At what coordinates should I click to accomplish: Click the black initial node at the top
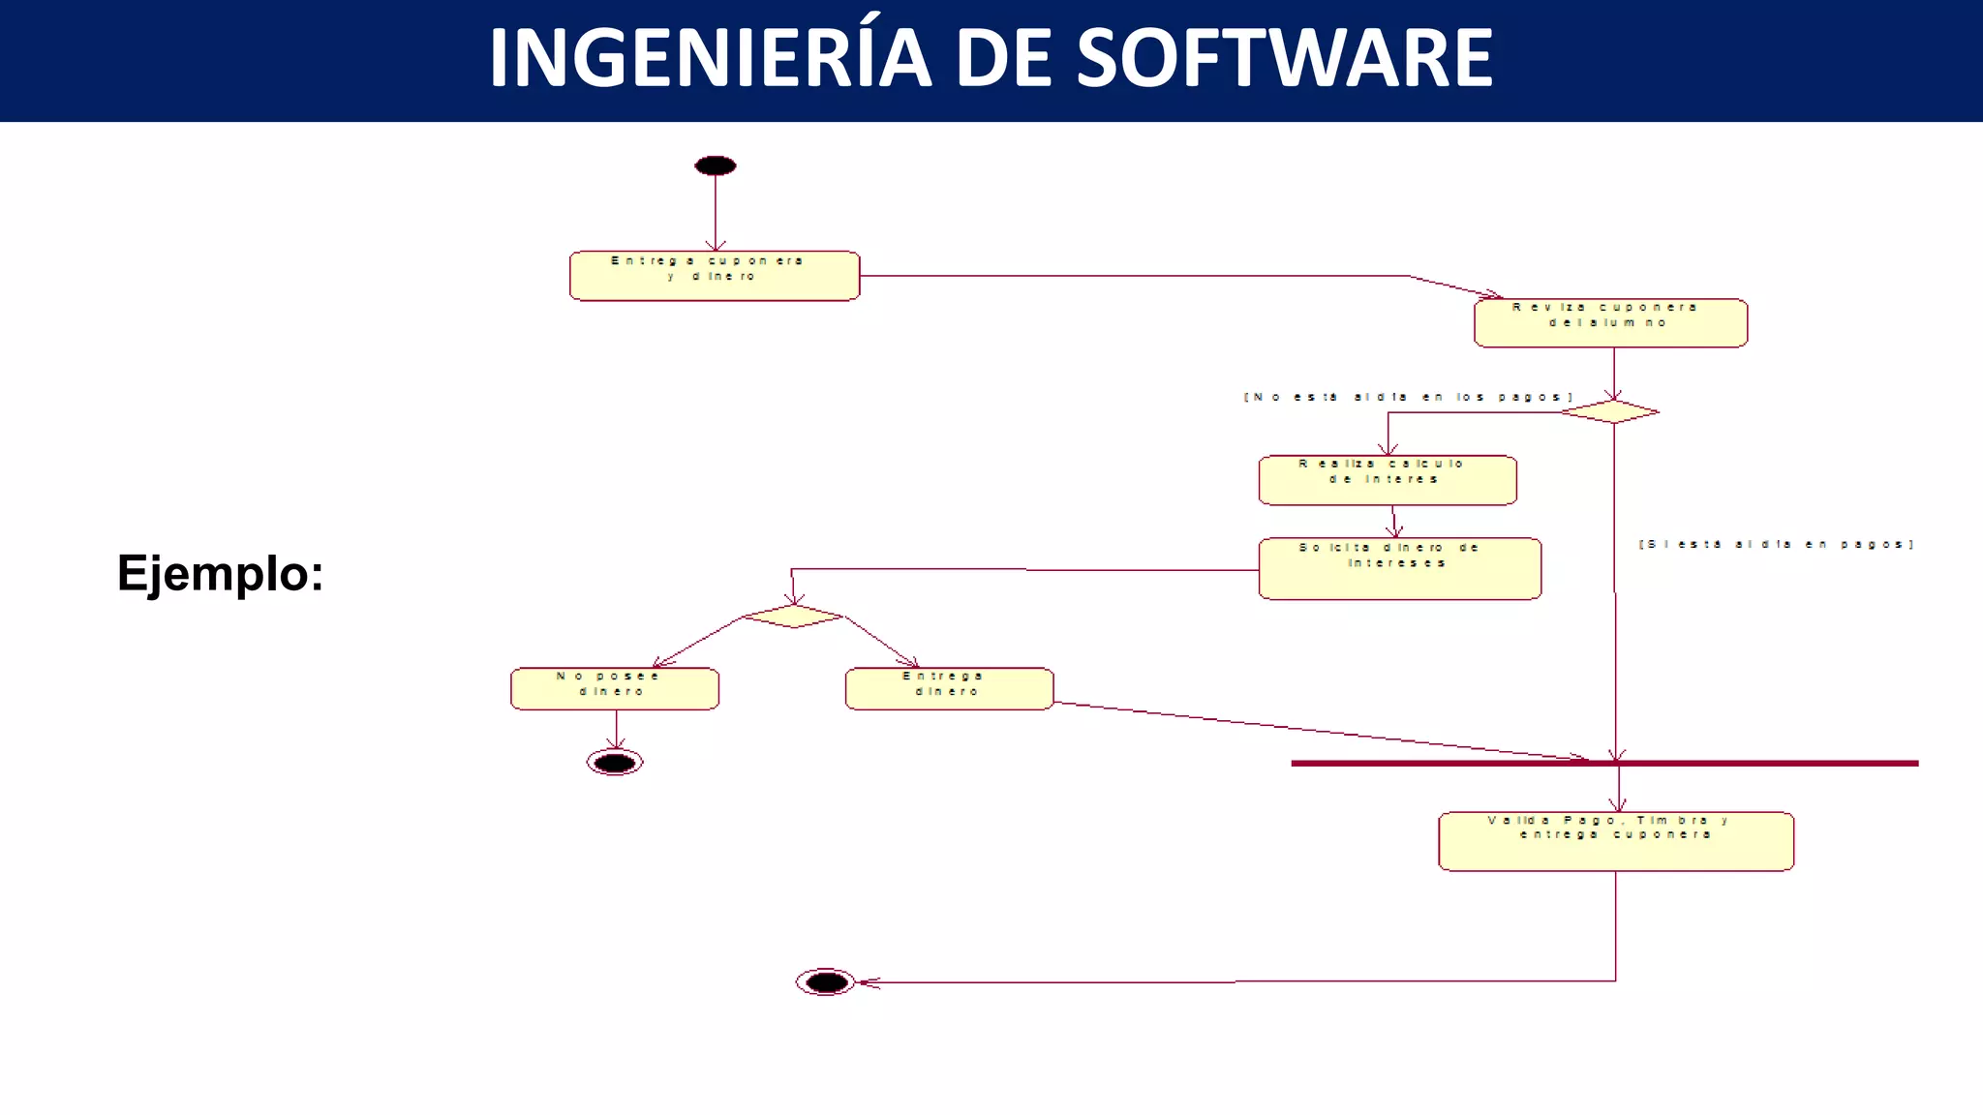tap(716, 166)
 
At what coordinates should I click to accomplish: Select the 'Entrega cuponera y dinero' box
tap(715, 276)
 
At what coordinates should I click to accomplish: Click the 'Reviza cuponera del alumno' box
tap(1610, 322)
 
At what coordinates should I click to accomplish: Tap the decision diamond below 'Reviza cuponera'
tap(1610, 411)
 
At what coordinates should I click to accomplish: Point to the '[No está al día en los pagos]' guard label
tap(1408, 397)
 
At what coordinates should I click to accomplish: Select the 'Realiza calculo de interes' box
tap(1388, 480)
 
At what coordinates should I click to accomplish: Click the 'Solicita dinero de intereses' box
tap(1399, 569)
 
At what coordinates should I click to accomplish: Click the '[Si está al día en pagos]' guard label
tap(1776, 544)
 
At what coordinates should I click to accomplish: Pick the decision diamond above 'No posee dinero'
tap(793, 616)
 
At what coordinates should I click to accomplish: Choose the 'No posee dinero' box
tap(615, 688)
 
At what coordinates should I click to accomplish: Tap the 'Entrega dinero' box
tap(949, 688)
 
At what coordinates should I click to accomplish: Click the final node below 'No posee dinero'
tap(615, 763)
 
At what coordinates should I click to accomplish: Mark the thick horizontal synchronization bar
tap(1743, 764)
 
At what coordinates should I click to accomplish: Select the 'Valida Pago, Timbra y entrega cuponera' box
tap(1615, 841)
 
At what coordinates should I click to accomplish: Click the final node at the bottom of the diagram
tap(826, 982)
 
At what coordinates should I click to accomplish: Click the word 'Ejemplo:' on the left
tap(220, 573)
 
